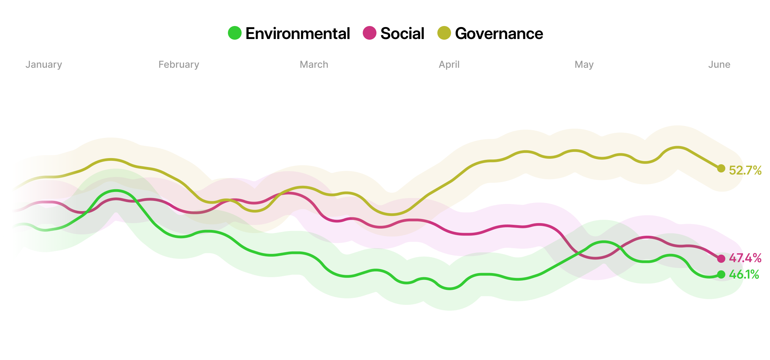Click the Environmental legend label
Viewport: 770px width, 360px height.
[x=297, y=34]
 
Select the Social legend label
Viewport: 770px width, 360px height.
[x=402, y=34]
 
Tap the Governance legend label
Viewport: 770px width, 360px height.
[x=499, y=34]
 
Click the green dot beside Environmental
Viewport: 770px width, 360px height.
[x=235, y=33]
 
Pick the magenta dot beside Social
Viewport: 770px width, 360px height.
[x=370, y=33]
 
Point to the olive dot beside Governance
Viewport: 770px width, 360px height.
[x=444, y=33]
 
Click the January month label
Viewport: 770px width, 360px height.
[x=44, y=64]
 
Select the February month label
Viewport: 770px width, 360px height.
[x=179, y=64]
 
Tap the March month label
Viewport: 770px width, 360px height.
[x=314, y=64]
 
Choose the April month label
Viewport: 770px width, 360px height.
[x=449, y=64]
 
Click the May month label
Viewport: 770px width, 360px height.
[x=584, y=64]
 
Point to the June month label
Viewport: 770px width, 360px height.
[x=719, y=64]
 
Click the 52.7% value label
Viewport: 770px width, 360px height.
[x=745, y=170]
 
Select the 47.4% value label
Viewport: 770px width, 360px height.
[x=745, y=258]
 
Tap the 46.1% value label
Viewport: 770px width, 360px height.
[x=744, y=274]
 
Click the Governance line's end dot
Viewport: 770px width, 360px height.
[x=721, y=168]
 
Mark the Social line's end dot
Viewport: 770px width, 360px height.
[x=721, y=259]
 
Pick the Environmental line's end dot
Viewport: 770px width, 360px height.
[x=721, y=274]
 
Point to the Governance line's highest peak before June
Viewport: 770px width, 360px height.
[x=678, y=147]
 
